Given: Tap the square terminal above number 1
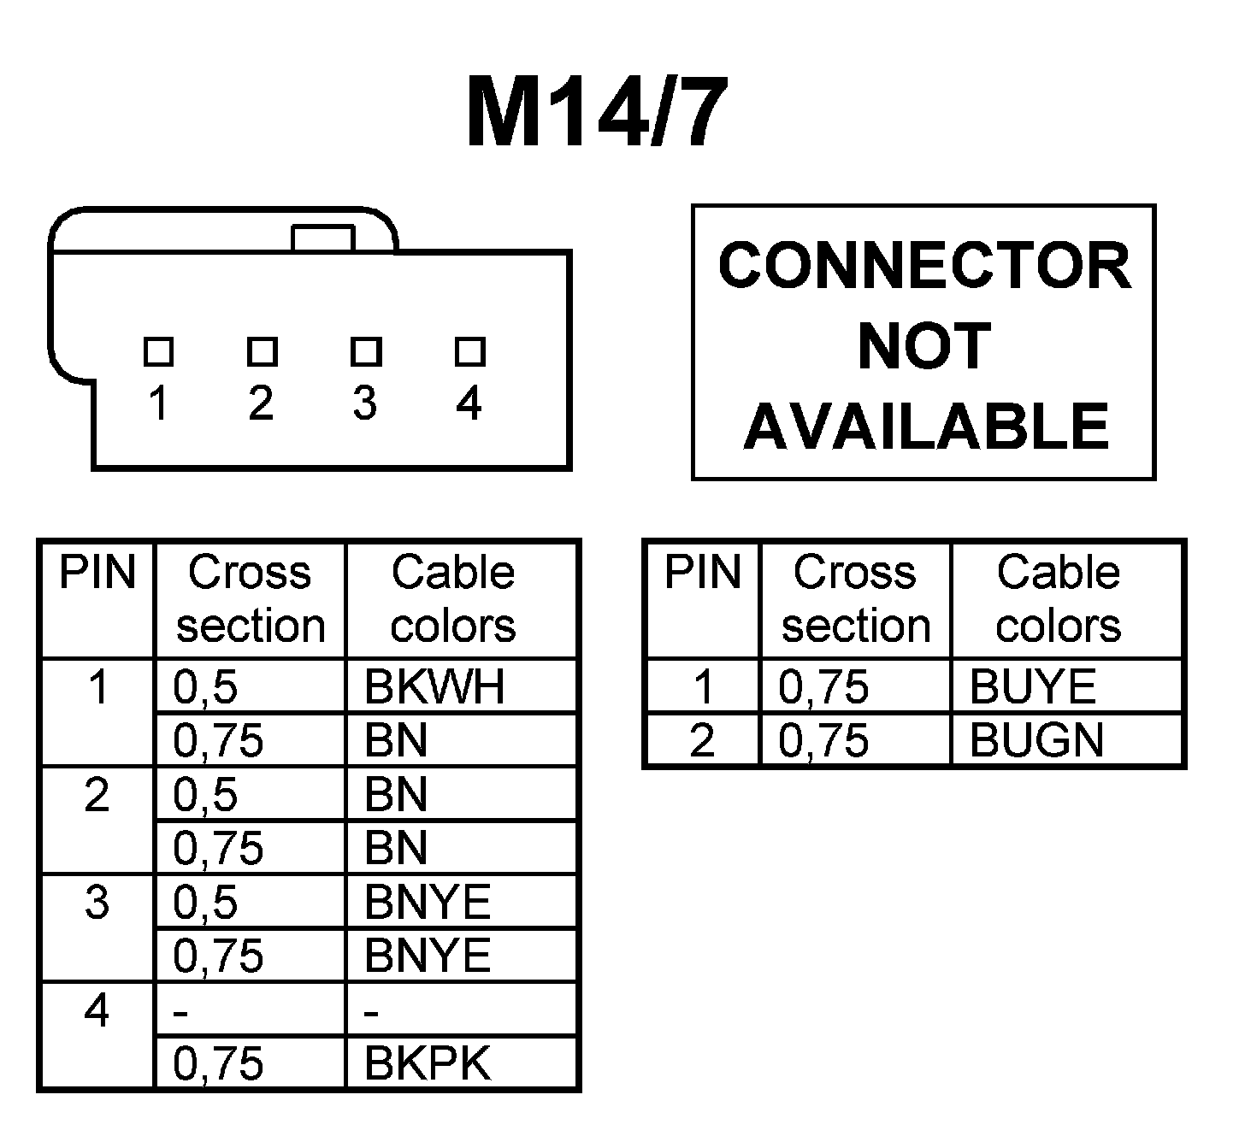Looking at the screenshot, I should click(158, 351).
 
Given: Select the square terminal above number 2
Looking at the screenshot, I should click(262, 351).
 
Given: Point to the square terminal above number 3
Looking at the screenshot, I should click(366, 351).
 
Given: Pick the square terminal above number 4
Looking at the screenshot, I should click(469, 351).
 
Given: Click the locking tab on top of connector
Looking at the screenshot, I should click(322, 238).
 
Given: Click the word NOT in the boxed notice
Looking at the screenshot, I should click(923, 346).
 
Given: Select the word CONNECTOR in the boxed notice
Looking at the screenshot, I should click(924, 266).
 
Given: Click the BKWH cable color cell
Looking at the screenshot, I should click(434, 686).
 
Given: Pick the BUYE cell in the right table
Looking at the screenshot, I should click(1032, 686).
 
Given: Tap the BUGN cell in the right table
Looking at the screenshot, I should click(1036, 740).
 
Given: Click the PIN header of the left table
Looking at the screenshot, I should click(97, 573).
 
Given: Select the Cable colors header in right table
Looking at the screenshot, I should click(1059, 598).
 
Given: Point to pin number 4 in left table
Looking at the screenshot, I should click(97, 1011).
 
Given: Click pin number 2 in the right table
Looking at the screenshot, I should click(702, 740).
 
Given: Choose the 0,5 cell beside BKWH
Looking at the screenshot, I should click(205, 686).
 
